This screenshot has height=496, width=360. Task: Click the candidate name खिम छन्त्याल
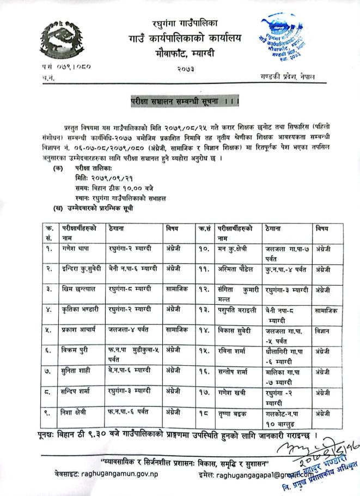click(x=78, y=287)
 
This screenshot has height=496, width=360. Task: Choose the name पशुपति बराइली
click(x=235, y=309)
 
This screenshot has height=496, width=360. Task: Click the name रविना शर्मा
click(x=231, y=350)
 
